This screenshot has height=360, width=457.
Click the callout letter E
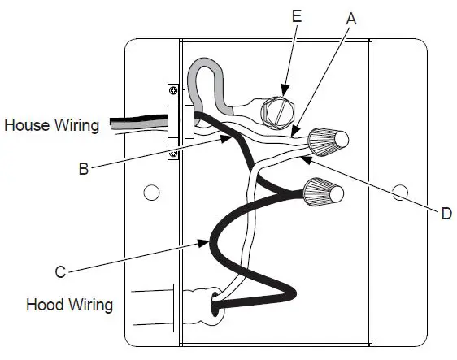[297, 15]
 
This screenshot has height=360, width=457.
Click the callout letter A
[351, 19]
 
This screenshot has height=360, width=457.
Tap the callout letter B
[84, 168]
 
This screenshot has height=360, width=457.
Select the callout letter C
[60, 271]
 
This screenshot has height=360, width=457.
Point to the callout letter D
[446, 214]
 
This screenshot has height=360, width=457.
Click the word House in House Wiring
[27, 125]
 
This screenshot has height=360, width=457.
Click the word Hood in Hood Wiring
[45, 305]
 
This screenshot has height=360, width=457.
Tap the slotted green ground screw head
[277, 112]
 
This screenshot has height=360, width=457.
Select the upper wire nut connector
[328, 141]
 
